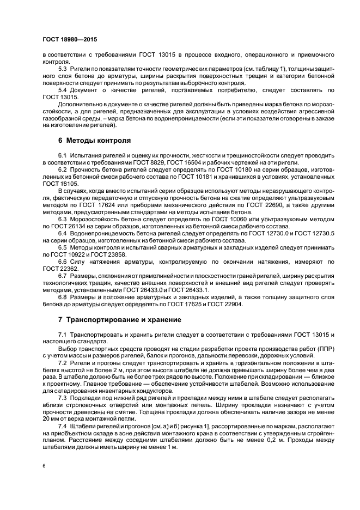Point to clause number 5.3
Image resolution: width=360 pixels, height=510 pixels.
63,69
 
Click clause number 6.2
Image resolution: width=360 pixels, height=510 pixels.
63,169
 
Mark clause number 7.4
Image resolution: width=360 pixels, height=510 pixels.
63,424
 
